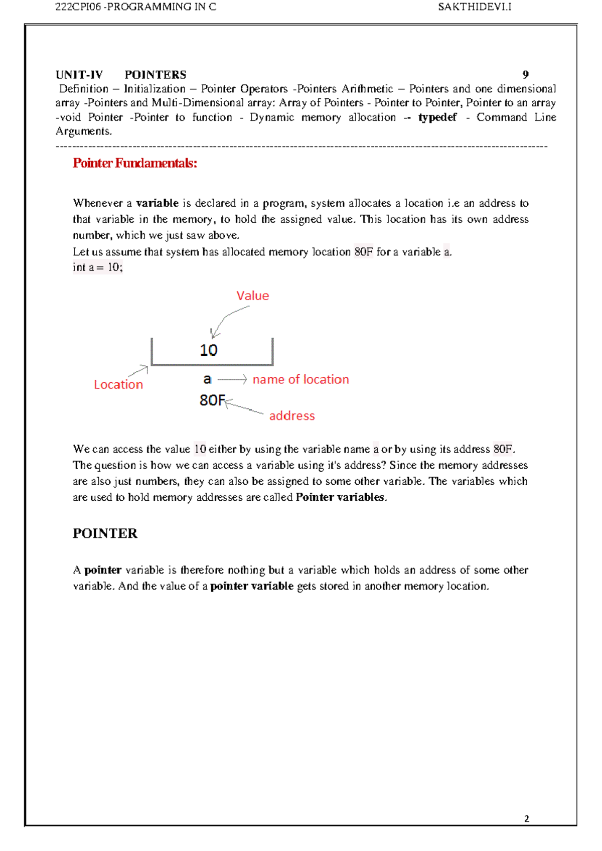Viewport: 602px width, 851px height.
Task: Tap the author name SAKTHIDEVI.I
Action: coord(474,7)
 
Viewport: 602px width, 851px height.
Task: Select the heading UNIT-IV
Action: coord(79,75)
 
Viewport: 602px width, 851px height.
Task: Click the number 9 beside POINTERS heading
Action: coord(525,75)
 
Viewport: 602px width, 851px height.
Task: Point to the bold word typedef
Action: coord(437,117)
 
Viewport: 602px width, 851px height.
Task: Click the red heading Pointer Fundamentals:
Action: coord(134,163)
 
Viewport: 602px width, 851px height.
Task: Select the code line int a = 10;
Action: coord(97,267)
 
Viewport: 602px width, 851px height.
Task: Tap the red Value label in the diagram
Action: coord(252,296)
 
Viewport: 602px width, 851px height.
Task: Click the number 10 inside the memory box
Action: coord(208,350)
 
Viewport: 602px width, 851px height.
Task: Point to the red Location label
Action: coord(118,384)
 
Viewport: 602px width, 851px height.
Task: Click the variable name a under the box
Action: coord(207,379)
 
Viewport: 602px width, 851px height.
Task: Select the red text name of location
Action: coord(300,379)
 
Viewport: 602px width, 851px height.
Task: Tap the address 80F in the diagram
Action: coord(212,400)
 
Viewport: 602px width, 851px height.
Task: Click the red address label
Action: coord(292,415)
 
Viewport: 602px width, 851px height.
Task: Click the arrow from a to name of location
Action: coord(232,380)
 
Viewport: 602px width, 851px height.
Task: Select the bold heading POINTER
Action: coord(105,533)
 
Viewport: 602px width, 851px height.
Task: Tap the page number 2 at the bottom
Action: coord(526,818)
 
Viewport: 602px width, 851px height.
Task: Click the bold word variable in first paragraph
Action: coord(157,203)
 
